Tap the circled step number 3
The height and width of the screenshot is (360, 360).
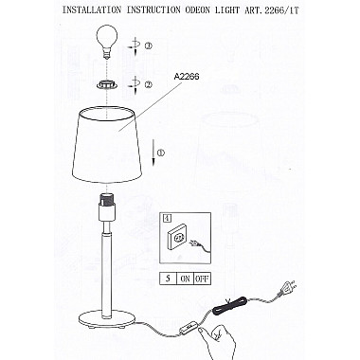point(148,46)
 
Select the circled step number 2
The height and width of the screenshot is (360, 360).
point(148,84)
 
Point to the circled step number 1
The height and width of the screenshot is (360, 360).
point(160,153)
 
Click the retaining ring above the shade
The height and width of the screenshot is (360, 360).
point(107,85)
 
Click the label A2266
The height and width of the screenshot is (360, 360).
point(187,77)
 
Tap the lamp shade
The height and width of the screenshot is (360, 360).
point(107,145)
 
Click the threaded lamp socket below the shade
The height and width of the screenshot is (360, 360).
point(107,200)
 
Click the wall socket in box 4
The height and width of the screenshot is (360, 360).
point(177,239)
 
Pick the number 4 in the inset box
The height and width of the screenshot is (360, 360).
point(166,218)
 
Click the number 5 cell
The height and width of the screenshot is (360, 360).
point(168,279)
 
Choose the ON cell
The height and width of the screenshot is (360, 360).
point(185,279)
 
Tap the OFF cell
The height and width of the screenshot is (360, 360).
point(202,279)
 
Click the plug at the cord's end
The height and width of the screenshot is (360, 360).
point(287,288)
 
